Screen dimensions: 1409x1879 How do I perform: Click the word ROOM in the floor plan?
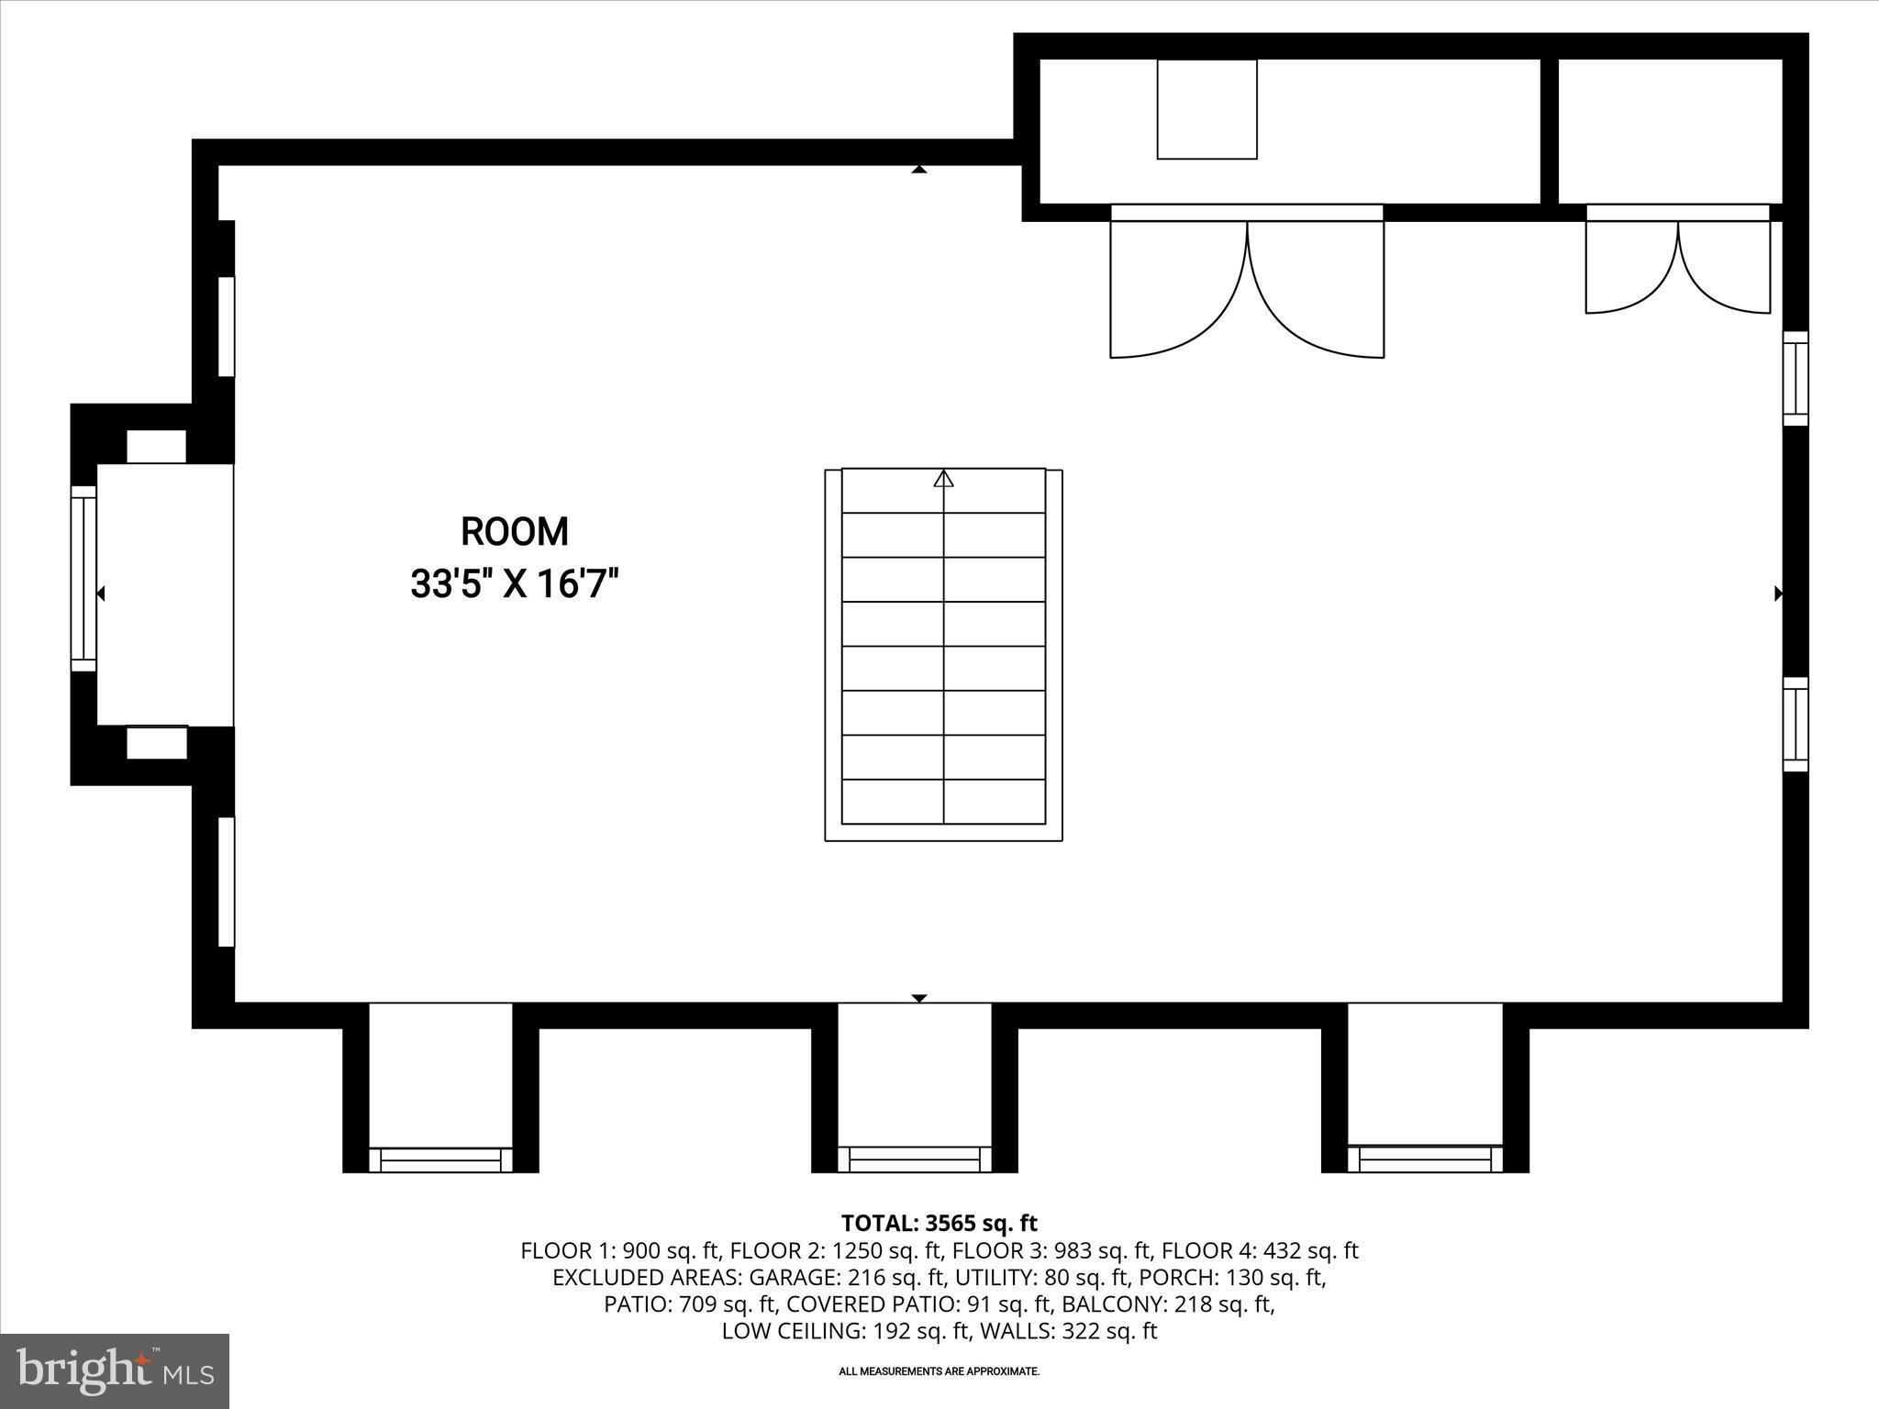514,532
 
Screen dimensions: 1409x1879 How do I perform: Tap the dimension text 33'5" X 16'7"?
514,583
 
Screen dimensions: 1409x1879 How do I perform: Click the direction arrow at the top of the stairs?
943,478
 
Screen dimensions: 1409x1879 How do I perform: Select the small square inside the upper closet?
1206,109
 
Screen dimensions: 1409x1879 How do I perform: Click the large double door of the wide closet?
1247,284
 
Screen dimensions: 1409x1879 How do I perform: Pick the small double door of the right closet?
1678,266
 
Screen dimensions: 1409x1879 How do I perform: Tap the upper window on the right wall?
1795,378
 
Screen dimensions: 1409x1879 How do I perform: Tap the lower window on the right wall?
1795,725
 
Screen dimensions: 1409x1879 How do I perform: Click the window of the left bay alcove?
83,578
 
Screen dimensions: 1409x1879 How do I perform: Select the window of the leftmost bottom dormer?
440,1159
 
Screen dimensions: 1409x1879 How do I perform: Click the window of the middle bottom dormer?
914,1159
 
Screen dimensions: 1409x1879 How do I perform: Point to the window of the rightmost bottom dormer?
1425,1159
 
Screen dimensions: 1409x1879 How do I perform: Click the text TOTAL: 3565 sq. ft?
939,1223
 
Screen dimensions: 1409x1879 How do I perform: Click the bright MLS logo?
115,1370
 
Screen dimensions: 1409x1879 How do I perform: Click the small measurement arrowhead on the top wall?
919,170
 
